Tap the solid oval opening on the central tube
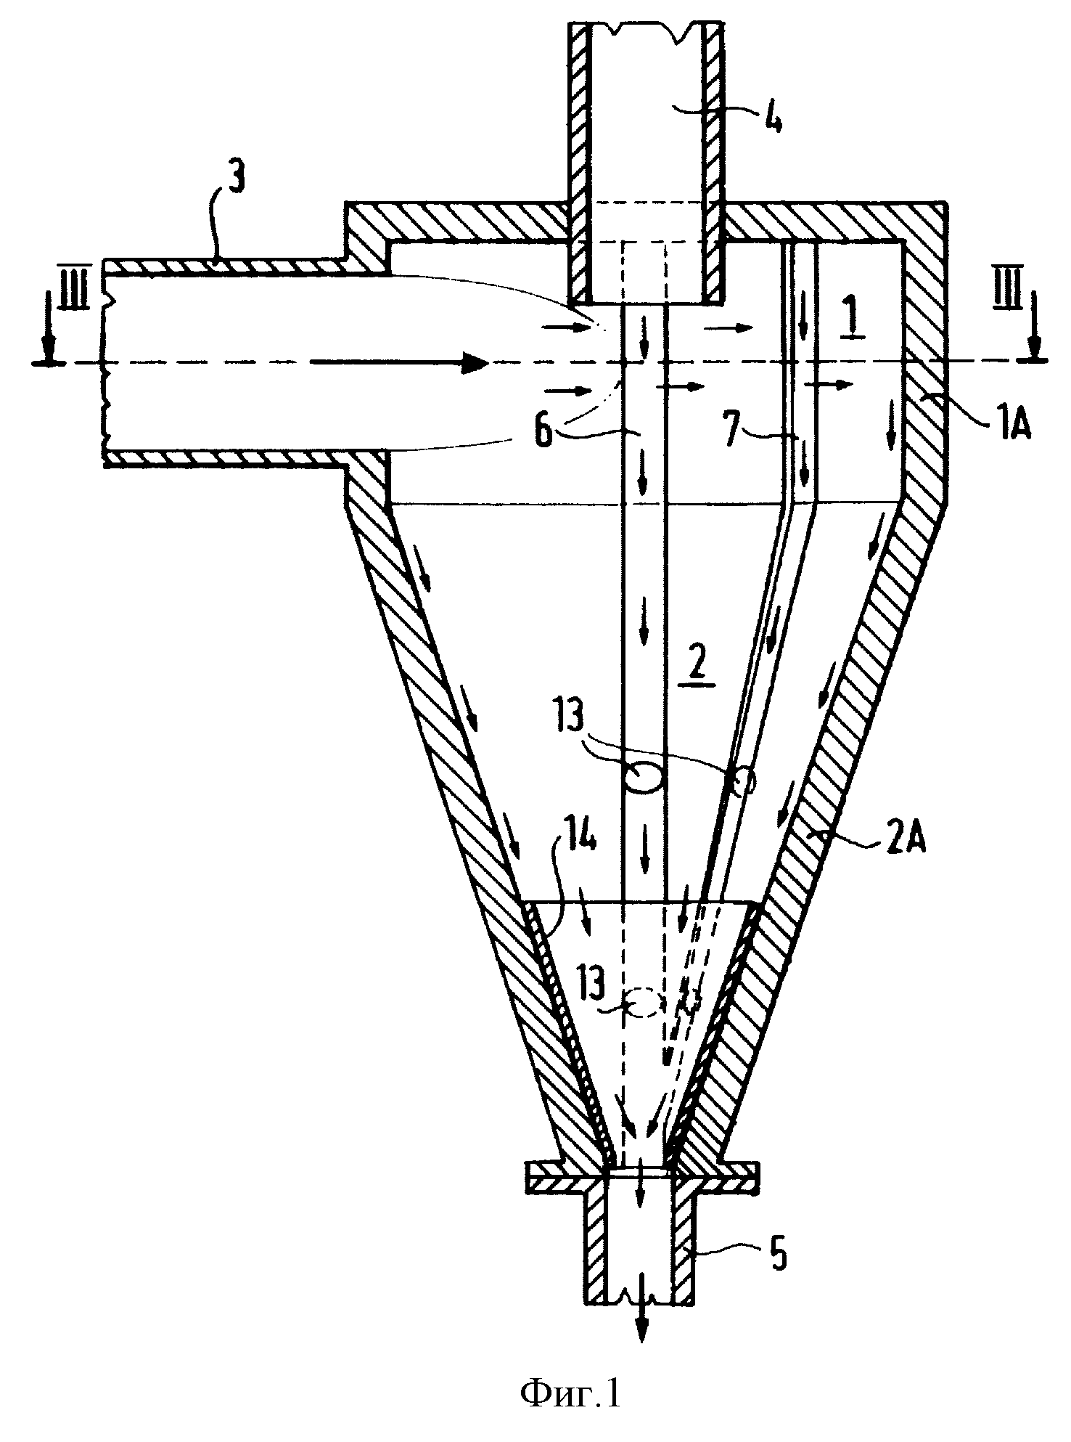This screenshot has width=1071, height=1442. tap(642, 777)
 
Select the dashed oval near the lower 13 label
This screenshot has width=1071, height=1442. tap(641, 1004)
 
